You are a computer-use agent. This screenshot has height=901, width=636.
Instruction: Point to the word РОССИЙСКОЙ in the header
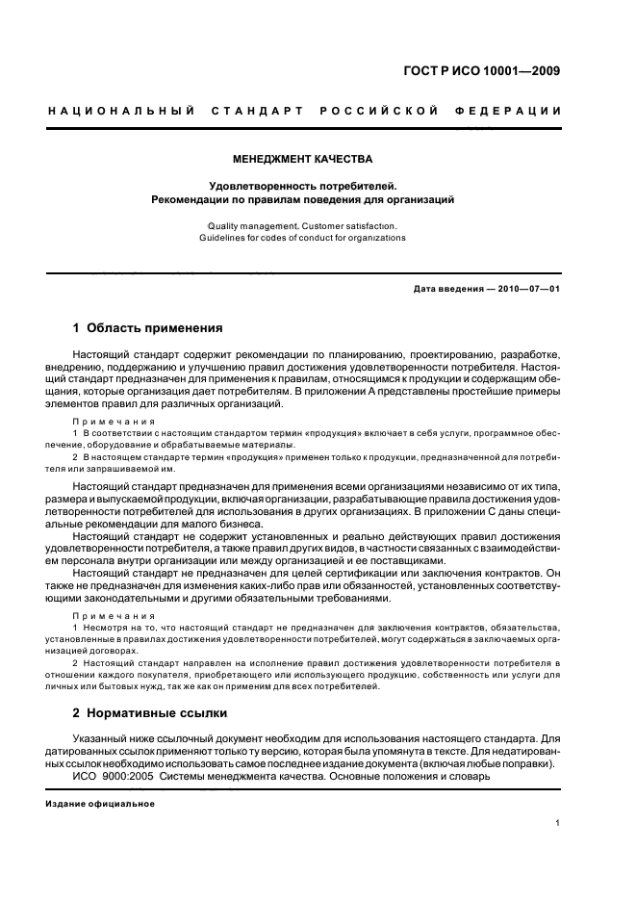(383, 112)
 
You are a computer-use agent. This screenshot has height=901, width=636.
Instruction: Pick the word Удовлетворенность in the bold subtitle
(255, 185)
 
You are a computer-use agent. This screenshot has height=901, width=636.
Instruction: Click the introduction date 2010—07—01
(523, 289)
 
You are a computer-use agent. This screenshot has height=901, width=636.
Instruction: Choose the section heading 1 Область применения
(148, 327)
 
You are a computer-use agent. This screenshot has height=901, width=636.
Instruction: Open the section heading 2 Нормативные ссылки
(150, 713)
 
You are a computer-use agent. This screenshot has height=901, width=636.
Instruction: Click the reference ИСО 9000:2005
(113, 776)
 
